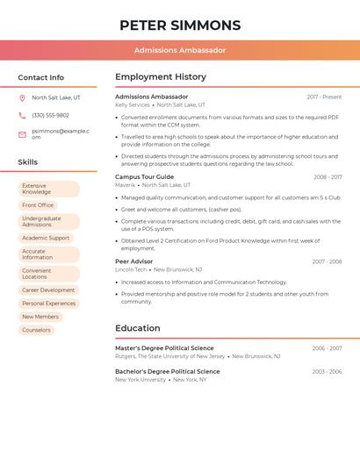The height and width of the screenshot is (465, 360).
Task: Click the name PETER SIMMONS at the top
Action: coord(180,25)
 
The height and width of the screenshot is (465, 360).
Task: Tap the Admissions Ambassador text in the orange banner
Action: coord(180,50)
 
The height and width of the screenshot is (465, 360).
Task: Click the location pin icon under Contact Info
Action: coord(22,97)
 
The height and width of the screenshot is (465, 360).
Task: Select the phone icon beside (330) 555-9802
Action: coord(22,115)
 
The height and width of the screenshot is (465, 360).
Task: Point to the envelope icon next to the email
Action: coord(22,134)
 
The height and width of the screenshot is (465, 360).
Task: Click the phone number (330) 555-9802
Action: coord(50,115)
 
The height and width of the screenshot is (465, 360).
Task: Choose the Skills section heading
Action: coord(28,162)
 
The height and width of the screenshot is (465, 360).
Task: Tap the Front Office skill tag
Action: coord(38,205)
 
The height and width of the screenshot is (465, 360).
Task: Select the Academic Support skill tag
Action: coord(46,238)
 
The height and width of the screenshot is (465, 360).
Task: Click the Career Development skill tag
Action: coord(48,290)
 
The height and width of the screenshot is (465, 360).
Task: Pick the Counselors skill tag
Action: coord(36,330)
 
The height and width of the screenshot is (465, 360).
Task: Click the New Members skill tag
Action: coord(40,317)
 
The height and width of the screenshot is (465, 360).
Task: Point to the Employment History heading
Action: coord(161,77)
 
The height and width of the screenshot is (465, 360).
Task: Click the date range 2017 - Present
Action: coord(324,97)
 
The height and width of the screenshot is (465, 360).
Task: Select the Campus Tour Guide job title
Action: coord(145,177)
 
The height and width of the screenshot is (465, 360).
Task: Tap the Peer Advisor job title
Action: coord(134,261)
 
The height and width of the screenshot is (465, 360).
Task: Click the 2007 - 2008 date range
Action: coord(327,261)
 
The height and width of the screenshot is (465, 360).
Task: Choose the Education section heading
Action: coord(139,329)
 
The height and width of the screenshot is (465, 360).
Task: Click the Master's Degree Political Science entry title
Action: coord(164,348)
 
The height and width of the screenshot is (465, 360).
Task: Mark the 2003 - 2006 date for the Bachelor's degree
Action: coord(327,372)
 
